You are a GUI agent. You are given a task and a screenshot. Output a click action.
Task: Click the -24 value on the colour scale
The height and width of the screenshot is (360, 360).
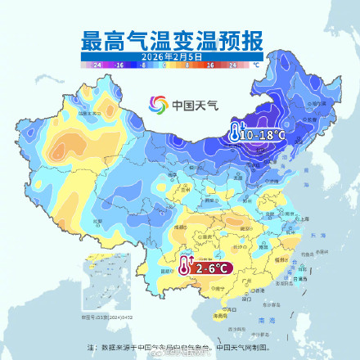(97, 63)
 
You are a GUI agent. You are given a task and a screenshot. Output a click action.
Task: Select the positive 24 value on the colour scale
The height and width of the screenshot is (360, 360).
(236, 63)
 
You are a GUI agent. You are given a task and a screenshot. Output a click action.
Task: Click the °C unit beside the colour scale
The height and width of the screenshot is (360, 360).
(255, 63)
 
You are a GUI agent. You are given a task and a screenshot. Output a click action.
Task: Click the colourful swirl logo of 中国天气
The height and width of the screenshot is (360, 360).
(157, 104)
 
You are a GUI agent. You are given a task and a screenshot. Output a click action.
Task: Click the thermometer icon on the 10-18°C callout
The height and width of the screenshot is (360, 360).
(235, 133)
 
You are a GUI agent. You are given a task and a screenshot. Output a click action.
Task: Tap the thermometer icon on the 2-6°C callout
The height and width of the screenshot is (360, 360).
(185, 267)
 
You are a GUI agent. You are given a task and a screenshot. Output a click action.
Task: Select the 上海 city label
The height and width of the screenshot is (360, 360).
(304, 219)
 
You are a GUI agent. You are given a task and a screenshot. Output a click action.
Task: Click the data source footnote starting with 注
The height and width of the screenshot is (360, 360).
(179, 346)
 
